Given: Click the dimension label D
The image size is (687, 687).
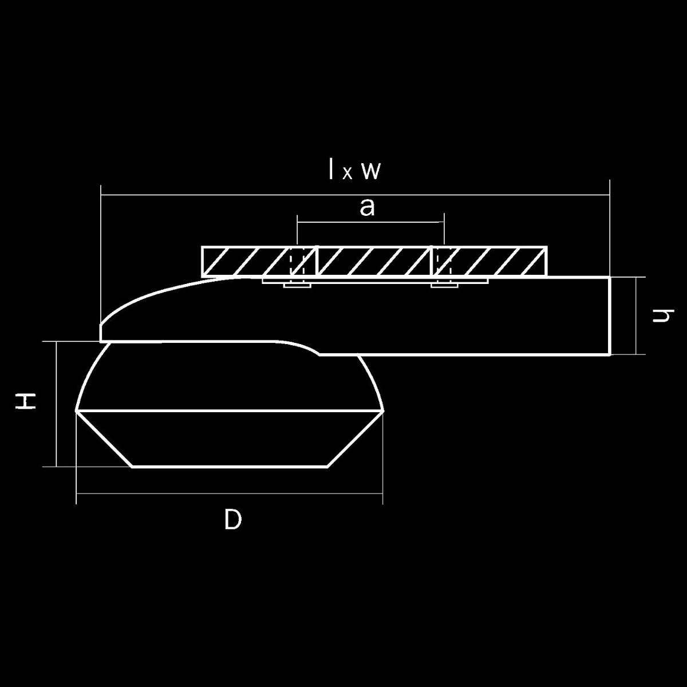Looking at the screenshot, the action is pos(233,519).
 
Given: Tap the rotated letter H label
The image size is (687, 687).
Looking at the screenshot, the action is pos(25,402).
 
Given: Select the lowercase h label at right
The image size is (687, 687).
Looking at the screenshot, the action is pos(663,315).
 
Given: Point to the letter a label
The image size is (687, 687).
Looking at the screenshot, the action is pos(367,208).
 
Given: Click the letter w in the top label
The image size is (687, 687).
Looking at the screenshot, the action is pos(372,172).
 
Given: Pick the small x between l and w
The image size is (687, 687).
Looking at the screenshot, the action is pos(348,173).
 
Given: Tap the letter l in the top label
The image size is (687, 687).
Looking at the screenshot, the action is pos(331,169).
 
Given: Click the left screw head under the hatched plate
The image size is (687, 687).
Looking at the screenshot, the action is pos(297,286).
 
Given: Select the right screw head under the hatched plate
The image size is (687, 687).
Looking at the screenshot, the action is pos(445,286).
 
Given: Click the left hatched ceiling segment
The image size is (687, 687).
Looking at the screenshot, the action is pos(259,261).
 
